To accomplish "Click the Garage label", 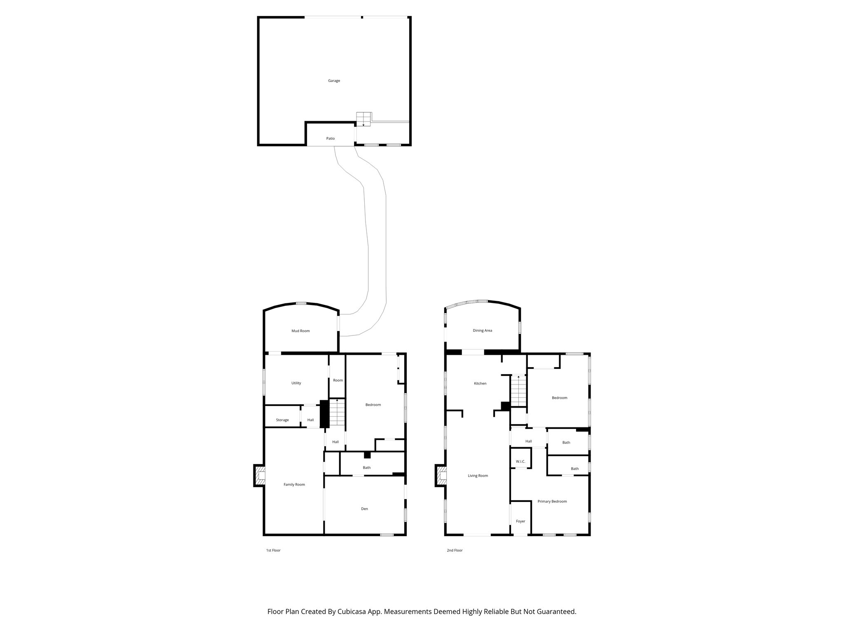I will (x=334, y=81).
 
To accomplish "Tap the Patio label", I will (x=331, y=138).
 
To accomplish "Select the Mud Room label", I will (x=300, y=331).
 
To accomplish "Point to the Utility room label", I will (x=296, y=383).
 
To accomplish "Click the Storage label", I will (x=282, y=420).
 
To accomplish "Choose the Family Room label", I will (x=294, y=485).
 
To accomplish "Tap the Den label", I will (x=364, y=509).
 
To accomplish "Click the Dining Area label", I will (x=482, y=331).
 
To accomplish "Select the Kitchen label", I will (x=480, y=384).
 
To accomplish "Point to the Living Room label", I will (x=478, y=476).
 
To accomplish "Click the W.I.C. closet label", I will (x=520, y=462).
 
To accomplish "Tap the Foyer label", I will (x=520, y=521).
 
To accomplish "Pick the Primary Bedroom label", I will (x=552, y=502).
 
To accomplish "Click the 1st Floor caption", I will (x=273, y=550).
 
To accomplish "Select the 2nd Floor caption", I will (x=455, y=550).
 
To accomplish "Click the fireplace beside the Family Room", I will (x=259, y=476).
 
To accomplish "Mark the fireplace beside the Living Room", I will (x=441, y=476).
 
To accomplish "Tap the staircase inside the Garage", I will (x=364, y=119).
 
